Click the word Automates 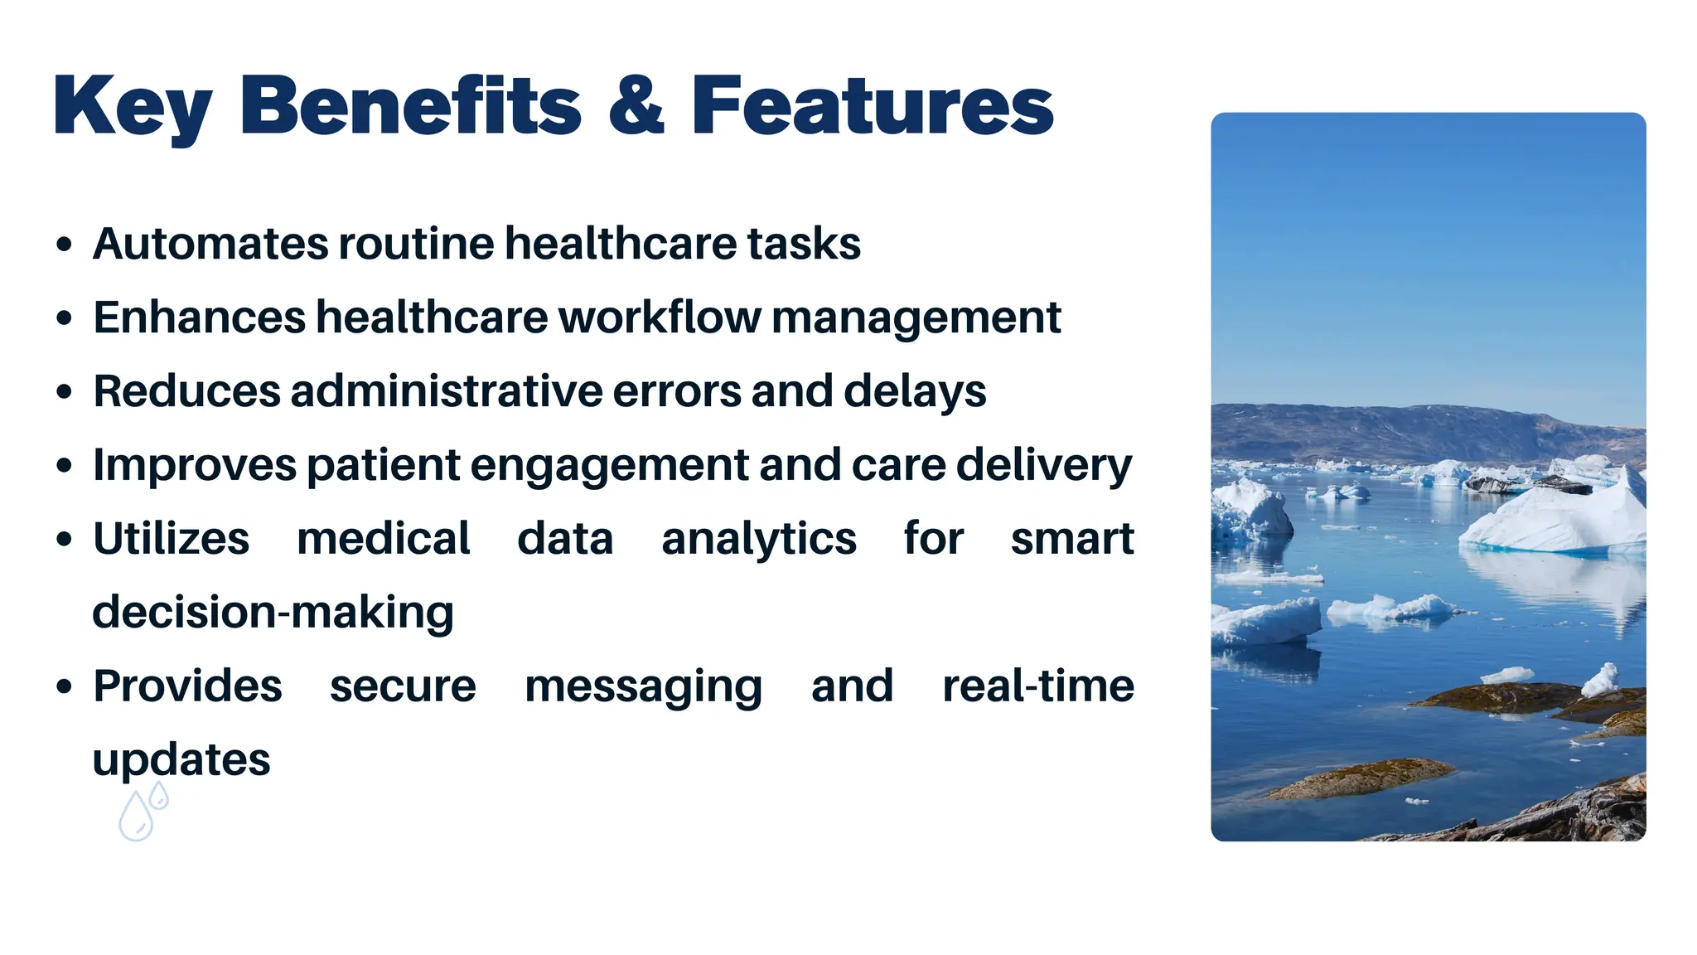pyautogui.click(x=210, y=244)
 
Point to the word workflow pyautogui.click(x=660, y=318)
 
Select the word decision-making pyautogui.click(x=273, y=613)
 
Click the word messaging pyautogui.click(x=643, y=687)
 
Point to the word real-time pyautogui.click(x=1037, y=686)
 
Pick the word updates pyautogui.click(x=181, y=760)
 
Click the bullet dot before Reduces pyautogui.click(x=65, y=391)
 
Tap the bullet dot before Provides pyautogui.click(x=65, y=686)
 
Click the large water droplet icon pyautogui.click(x=136, y=817)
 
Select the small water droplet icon pyautogui.click(x=159, y=797)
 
